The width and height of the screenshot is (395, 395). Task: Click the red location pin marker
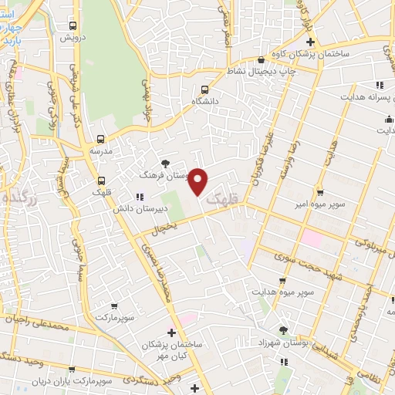pyautogui.click(x=198, y=180)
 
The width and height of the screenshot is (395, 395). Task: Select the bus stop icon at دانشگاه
pyautogui.click(x=204, y=89)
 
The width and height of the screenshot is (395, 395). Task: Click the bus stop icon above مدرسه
pyautogui.click(x=101, y=140)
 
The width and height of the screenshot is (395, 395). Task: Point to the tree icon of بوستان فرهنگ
pyautogui.click(x=165, y=163)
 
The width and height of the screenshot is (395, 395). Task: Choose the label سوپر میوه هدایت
pyautogui.click(x=282, y=291)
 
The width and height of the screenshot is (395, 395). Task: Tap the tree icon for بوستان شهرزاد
pyautogui.click(x=283, y=329)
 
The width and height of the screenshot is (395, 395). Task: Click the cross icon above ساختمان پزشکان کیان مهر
pyautogui.click(x=171, y=332)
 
